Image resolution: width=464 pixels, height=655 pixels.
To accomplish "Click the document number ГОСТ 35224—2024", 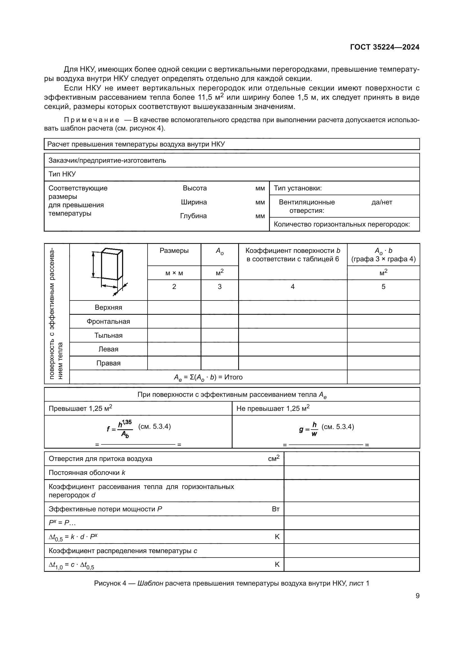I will click(385, 47).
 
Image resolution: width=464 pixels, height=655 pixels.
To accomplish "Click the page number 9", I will click(417, 596).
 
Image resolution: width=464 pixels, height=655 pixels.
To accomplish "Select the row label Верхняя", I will click(108, 307).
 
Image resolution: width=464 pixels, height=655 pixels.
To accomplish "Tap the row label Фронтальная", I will click(108, 321).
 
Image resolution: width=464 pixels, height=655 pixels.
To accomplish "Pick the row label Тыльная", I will click(108, 335).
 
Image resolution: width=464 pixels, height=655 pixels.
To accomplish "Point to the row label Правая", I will click(108, 363).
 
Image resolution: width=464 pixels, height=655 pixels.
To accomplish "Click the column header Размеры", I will click(174, 251).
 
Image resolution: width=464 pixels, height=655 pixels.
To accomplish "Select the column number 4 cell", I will click(293, 287).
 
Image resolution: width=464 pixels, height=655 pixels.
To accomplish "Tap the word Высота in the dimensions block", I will click(195, 188).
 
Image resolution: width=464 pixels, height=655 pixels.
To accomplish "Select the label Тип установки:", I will click(298, 188).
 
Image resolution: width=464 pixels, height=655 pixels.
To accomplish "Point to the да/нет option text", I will click(382, 202).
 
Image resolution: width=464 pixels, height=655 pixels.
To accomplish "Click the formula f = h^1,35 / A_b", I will click(120, 429).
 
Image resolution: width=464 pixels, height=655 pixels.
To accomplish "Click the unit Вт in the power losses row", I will click(275, 509).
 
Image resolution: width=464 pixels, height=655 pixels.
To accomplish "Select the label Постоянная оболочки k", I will click(87, 473).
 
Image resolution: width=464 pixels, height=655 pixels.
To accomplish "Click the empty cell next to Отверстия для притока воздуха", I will click(352, 459).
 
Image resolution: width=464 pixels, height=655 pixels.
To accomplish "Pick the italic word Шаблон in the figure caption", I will click(150, 583).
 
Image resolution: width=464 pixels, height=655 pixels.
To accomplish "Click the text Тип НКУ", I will click(62, 174).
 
